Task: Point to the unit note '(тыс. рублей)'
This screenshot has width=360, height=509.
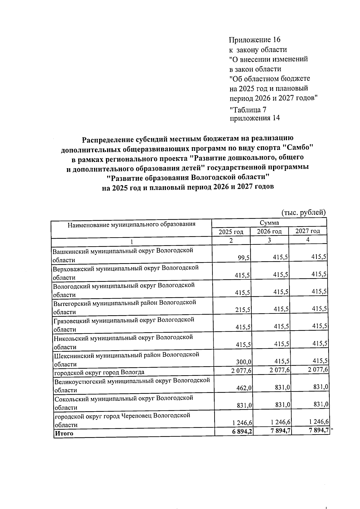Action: click(x=303, y=213)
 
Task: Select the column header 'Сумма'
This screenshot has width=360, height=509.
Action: click(x=269, y=223)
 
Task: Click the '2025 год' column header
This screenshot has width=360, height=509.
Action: click(x=231, y=232)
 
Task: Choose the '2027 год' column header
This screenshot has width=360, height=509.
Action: click(x=307, y=231)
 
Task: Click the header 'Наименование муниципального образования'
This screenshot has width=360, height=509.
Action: click(x=131, y=224)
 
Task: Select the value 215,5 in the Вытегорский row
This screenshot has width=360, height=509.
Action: click(x=243, y=310)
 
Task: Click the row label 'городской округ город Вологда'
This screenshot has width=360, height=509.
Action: click(x=99, y=372)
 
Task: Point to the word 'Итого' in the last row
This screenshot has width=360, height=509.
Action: click(x=64, y=433)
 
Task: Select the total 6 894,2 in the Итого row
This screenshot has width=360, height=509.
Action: click(x=242, y=432)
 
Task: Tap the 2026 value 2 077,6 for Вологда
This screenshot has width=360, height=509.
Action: click(x=279, y=370)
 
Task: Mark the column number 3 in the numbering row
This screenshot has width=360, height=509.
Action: click(x=269, y=240)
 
